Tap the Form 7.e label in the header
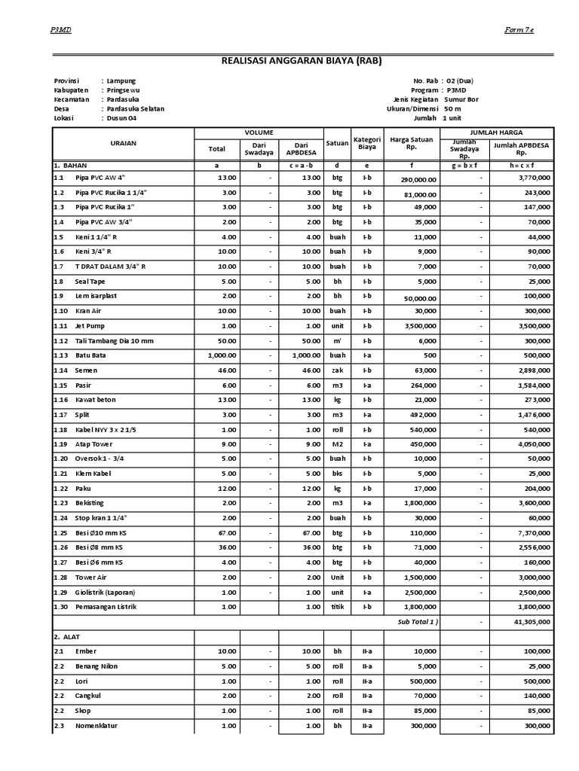coord(519,29)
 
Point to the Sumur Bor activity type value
coord(461,99)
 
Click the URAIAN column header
coord(123,143)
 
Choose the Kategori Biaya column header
coord(366,143)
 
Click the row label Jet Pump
coord(89,325)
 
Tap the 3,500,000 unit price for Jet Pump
coord(419,326)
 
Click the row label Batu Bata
coord(90,355)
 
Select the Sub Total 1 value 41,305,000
coord(531,622)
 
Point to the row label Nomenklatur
coord(96,726)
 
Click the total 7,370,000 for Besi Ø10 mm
coord(532,533)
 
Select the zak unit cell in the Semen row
coord(336,370)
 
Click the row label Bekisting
coord(90,503)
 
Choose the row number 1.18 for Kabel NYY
coord(60,429)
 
